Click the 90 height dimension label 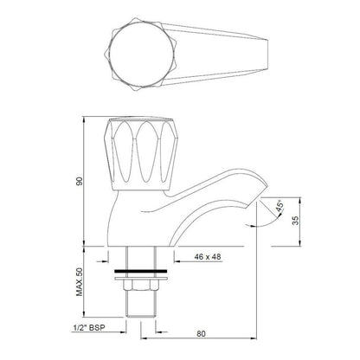pos(80,181)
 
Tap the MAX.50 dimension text pos(80,282)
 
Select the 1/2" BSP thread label pos(89,328)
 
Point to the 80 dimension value pos(202,334)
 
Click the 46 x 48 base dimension pos(208,256)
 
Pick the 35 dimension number pos(296,221)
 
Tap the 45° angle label pos(280,206)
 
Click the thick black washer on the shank pos(141,271)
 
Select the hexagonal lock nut pos(141,286)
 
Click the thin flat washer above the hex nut pos(141,279)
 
